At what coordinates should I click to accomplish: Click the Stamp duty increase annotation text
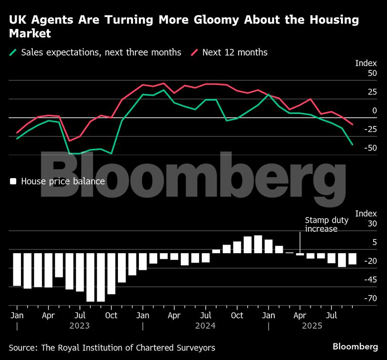click(327, 224)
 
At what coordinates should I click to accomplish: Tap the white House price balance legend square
click(13, 181)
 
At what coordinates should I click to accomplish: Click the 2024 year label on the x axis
click(205, 326)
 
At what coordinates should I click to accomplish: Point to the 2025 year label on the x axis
click(312, 326)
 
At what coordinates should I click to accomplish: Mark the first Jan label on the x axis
click(17, 315)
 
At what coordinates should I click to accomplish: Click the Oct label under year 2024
click(237, 315)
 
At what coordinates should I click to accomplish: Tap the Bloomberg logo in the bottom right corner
click(355, 347)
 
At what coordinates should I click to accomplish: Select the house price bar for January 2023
click(17, 269)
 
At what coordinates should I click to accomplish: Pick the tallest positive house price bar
click(258, 244)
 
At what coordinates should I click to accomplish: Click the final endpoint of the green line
click(352, 144)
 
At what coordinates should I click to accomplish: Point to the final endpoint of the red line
click(352, 124)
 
